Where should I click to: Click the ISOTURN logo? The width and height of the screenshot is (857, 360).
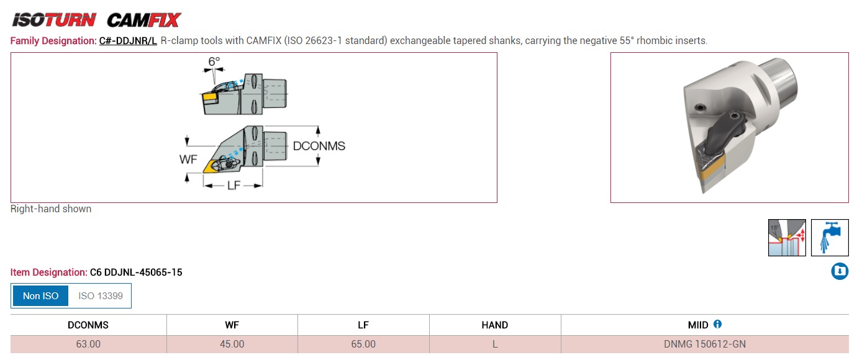coord(54,20)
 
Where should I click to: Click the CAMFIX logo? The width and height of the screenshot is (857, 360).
coord(143,20)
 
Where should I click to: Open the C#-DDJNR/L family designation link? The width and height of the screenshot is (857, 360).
coord(128,40)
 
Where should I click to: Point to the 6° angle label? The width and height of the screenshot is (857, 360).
coord(214,61)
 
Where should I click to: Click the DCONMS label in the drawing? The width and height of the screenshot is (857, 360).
coord(319,146)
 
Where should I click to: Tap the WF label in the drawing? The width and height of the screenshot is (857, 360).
coord(188,159)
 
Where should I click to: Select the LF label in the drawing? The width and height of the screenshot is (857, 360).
coord(234,186)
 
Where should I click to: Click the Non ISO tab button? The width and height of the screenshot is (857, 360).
coord(40,295)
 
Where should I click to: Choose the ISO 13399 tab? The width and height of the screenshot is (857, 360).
coord(100,295)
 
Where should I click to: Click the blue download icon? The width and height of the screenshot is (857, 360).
coord(840,271)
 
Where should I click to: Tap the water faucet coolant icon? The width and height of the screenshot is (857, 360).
coord(830,238)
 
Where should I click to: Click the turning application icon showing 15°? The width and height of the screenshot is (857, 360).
coord(787,238)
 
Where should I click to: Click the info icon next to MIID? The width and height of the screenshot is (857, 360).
coord(717,324)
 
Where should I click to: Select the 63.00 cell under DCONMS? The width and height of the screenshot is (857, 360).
coord(88,344)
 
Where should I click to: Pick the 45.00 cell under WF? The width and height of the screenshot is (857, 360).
coord(232,344)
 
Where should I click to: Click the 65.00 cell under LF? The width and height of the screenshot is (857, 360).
coord(363,344)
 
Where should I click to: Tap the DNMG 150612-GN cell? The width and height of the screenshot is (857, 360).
coord(705,344)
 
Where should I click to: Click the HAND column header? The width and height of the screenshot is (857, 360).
coord(495,325)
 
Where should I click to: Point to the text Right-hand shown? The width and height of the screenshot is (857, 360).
coord(51,209)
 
